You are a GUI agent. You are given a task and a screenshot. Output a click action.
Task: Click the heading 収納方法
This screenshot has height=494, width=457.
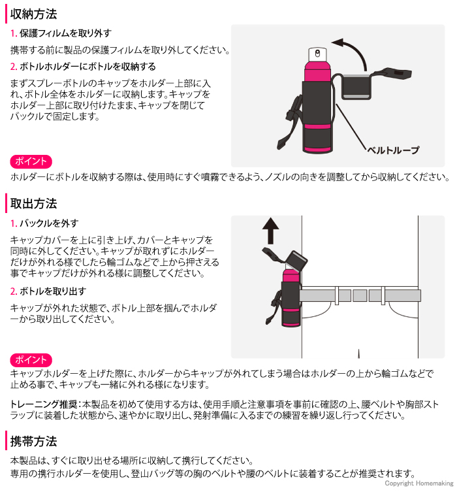pos(34,13)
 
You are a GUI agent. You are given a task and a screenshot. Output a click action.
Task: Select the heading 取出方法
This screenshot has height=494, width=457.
pos(34,203)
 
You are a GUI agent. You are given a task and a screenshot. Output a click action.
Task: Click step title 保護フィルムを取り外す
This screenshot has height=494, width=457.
pos(65,33)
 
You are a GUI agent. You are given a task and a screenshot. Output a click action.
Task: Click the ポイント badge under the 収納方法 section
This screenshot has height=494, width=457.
pos(31,161)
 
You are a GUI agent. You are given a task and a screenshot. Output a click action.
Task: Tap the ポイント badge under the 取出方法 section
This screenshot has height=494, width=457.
pos(31,359)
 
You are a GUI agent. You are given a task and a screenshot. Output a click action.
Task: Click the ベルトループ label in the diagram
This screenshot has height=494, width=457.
pos(392,150)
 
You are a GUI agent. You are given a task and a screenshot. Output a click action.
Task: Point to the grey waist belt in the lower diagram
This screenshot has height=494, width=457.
pos(359,295)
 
